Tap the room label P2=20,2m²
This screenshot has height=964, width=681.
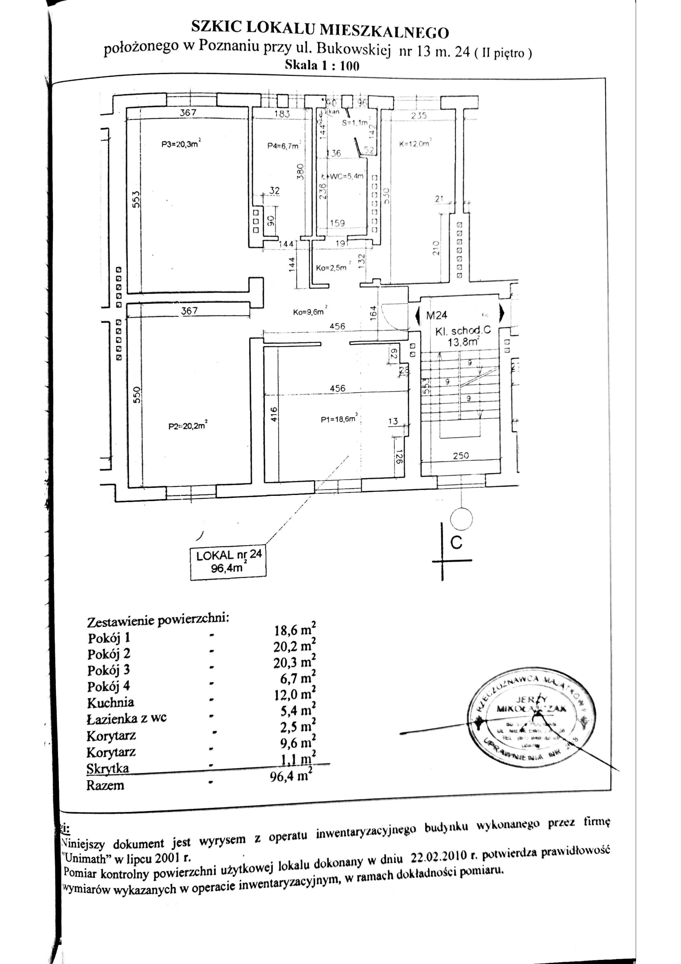tap(187, 426)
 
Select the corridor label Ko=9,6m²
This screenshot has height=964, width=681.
tap(310, 312)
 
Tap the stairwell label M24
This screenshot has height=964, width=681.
tap(436, 315)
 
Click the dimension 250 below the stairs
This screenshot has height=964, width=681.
tap(461, 455)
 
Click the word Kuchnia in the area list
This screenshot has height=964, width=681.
tap(110, 702)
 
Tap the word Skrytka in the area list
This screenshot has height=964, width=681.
tap(108, 768)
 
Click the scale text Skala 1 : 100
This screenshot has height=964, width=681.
tap(322, 65)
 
